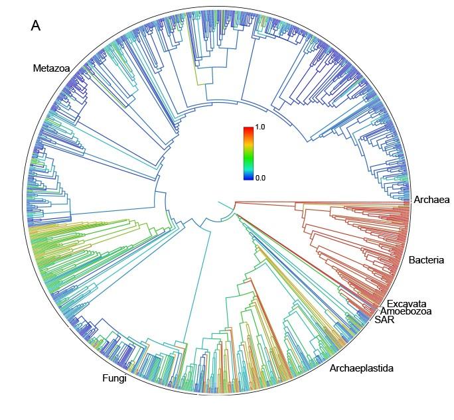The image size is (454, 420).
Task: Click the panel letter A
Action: [36, 26]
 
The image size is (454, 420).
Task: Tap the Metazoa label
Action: [52, 68]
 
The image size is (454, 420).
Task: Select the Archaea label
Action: [431, 200]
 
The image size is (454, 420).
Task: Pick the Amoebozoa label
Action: [406, 312]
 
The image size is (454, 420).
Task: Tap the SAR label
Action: [383, 320]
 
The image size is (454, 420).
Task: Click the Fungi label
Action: [114, 379]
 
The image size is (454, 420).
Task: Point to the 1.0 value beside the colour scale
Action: [260, 127]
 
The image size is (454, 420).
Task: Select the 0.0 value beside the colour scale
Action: [260, 178]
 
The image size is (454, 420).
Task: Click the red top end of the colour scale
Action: [248, 129]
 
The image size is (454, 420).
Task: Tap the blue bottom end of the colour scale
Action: [248, 177]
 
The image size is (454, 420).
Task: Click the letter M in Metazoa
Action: [37, 68]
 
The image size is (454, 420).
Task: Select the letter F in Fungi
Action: [105, 379]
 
